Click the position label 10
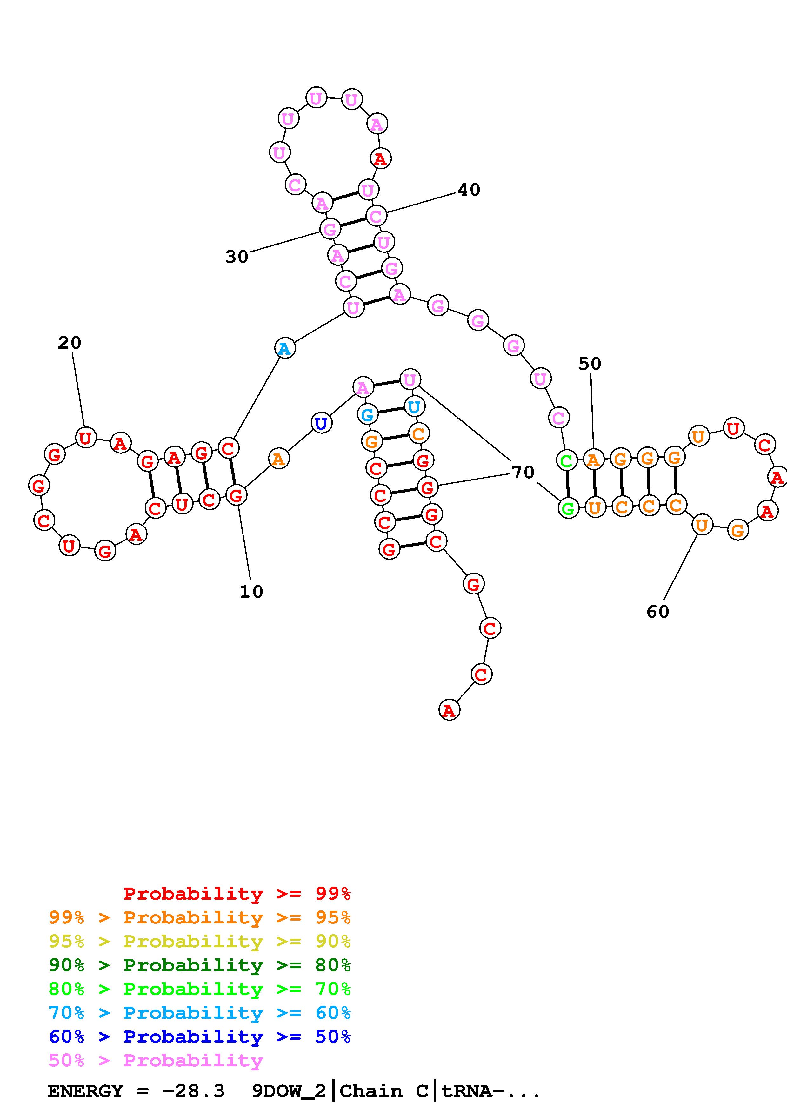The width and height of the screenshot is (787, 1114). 251,591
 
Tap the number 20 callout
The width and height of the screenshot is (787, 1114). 69,343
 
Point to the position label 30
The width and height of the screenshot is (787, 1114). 237,257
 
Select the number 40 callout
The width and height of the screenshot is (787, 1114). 469,190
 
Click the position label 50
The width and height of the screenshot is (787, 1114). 590,364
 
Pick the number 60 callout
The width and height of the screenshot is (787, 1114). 657,612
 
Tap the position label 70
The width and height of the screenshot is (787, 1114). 523,472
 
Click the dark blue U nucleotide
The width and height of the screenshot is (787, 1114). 321,424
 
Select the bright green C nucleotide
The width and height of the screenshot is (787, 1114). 566,460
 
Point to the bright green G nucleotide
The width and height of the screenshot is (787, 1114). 568,508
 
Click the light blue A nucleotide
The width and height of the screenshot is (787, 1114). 285,348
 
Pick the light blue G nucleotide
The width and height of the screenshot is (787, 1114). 368,415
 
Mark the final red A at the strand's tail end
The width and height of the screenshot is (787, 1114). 449,710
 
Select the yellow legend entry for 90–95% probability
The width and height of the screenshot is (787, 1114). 200,942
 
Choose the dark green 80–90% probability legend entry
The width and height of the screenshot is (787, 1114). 200,965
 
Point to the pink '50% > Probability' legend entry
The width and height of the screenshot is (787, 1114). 156,1061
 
